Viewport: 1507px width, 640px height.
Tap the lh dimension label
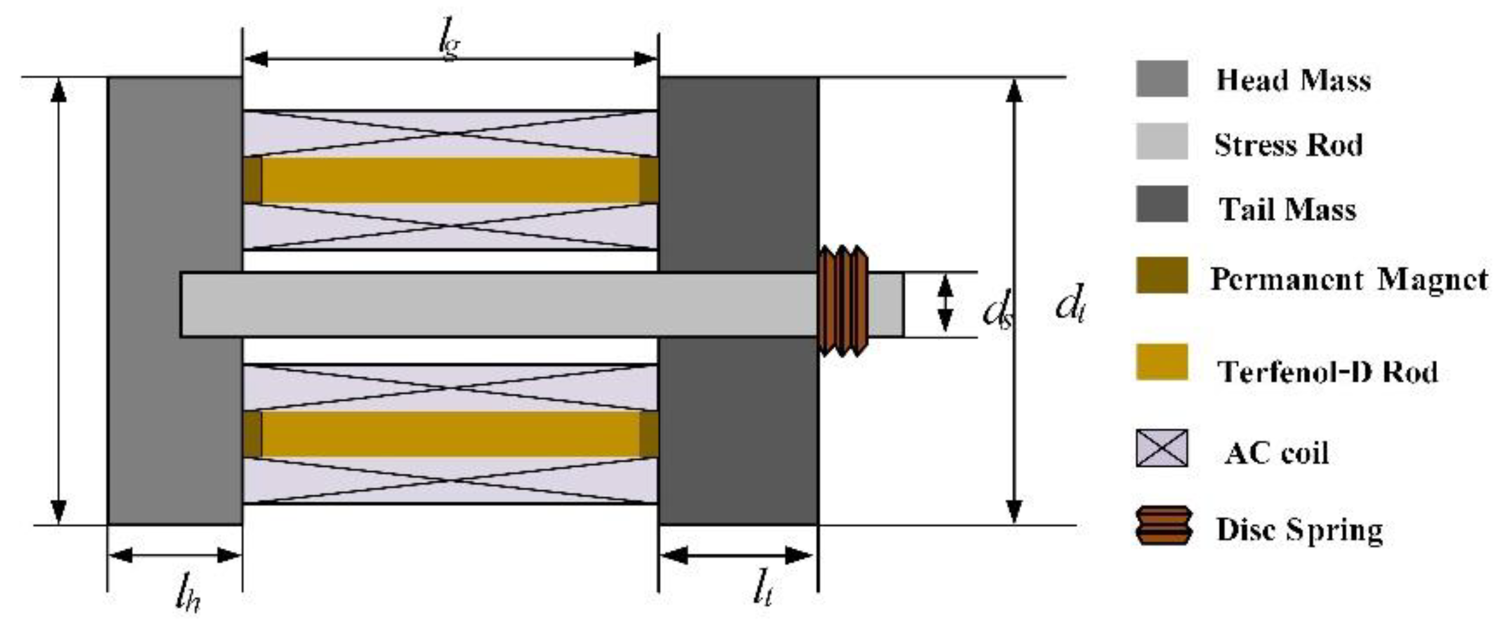(x=187, y=598)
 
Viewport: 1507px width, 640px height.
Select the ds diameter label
(x=997, y=311)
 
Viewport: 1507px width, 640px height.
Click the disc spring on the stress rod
(x=843, y=301)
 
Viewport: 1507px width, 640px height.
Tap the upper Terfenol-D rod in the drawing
(x=450, y=180)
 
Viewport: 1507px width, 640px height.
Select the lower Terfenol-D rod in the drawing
(x=450, y=434)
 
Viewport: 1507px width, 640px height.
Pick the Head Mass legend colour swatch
(x=1161, y=79)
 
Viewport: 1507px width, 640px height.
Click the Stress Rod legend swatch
(x=1161, y=142)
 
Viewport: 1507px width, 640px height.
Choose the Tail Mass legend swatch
(x=1161, y=204)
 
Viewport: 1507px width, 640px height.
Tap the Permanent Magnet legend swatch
(x=1161, y=275)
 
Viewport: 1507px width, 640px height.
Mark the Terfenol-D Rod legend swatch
(x=1161, y=362)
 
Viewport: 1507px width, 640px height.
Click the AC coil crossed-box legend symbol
(x=1161, y=448)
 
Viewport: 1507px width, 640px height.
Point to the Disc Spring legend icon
(x=1163, y=526)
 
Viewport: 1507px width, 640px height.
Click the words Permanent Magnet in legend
(x=1349, y=280)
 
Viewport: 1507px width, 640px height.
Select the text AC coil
(x=1276, y=453)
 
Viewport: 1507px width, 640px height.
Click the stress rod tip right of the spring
(x=886, y=304)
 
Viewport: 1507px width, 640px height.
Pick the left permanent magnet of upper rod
(x=252, y=180)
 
